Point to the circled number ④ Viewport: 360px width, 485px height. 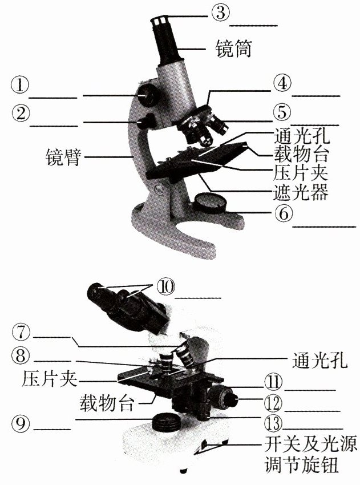pos(281,83)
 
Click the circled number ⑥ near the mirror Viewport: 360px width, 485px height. pos(282,213)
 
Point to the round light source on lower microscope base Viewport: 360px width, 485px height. pos(167,423)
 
